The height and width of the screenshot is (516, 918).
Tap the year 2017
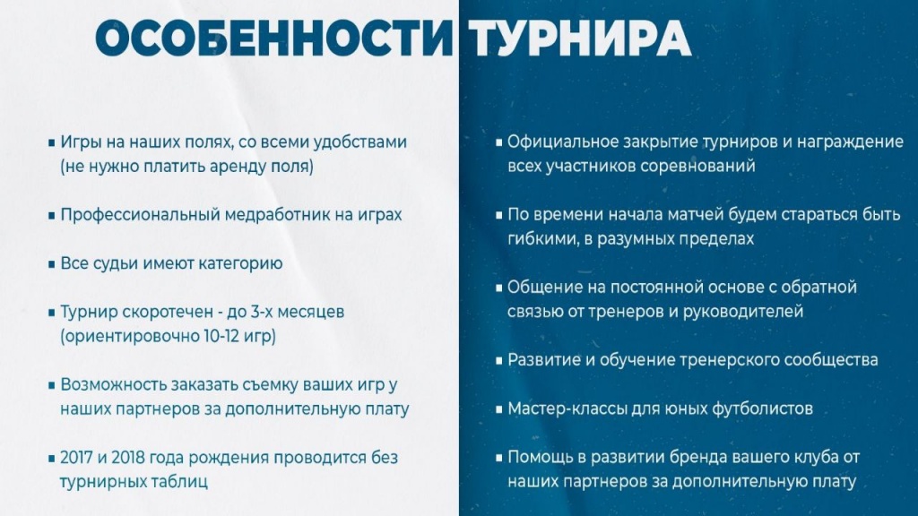79,457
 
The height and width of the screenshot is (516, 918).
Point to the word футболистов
762,408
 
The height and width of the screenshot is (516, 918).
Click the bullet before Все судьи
51,264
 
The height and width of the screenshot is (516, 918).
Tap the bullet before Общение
499,288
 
